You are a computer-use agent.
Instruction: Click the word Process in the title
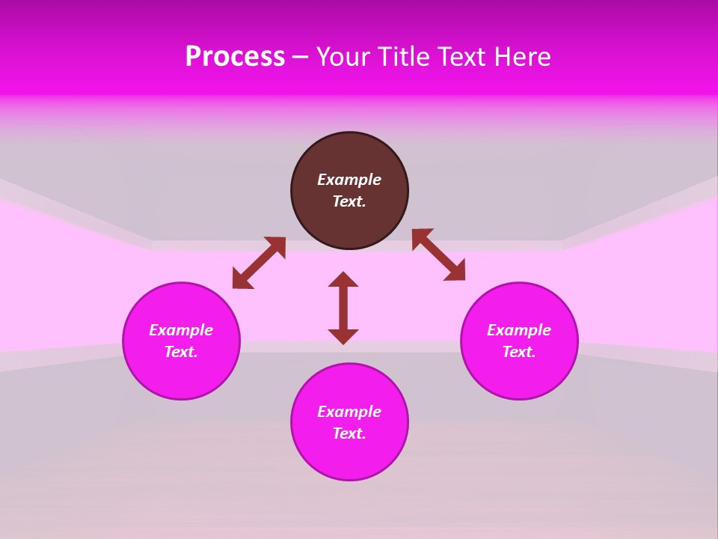tap(235, 57)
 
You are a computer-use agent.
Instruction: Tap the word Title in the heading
tap(403, 57)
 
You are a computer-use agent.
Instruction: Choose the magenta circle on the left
tap(181, 374)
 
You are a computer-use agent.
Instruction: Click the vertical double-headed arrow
tap(343, 308)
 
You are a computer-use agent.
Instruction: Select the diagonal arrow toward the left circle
tap(259, 263)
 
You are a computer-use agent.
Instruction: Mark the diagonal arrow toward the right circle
tap(438, 255)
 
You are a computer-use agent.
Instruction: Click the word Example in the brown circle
tap(349, 180)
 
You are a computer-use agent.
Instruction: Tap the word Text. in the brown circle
tap(349, 201)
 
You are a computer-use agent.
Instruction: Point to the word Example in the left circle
tap(181, 330)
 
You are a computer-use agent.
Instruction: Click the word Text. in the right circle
tap(519, 352)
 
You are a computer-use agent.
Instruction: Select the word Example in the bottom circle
tap(349, 412)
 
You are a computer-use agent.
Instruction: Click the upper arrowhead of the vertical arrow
tap(343, 278)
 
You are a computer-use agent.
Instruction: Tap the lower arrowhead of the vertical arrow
tap(343, 336)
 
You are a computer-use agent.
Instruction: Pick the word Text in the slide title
tap(461, 57)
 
